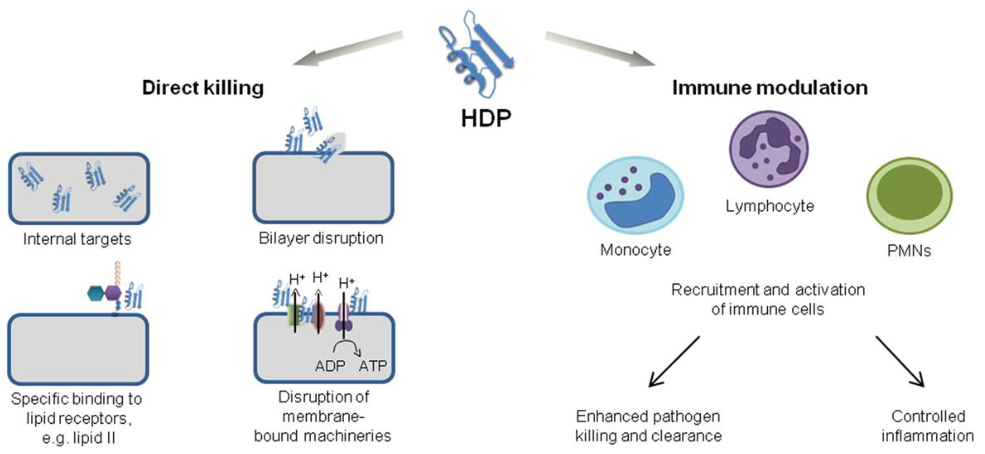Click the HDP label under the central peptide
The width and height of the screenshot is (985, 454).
(x=485, y=118)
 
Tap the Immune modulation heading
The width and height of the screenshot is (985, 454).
(x=769, y=87)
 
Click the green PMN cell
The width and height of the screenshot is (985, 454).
(x=909, y=195)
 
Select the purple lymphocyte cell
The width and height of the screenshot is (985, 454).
(x=769, y=149)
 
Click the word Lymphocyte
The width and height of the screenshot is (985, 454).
(x=770, y=206)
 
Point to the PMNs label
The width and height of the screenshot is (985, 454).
(x=909, y=251)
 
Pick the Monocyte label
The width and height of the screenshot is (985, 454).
(x=635, y=250)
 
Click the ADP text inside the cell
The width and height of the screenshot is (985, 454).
(x=330, y=366)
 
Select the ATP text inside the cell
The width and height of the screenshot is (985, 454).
(x=373, y=366)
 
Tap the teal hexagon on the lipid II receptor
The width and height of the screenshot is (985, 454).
(x=96, y=293)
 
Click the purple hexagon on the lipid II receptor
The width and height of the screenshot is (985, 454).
(x=114, y=293)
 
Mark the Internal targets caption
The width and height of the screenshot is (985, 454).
(x=77, y=240)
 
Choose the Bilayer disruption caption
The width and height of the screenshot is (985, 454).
(x=321, y=238)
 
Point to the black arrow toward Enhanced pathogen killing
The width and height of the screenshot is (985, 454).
(x=674, y=361)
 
